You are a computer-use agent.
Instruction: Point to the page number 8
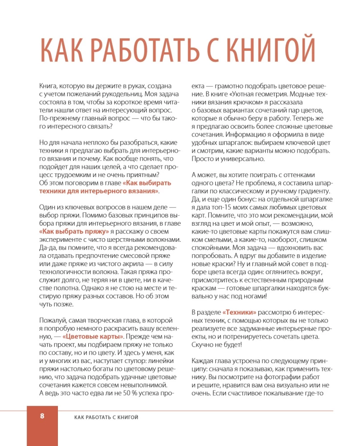coord(42,416)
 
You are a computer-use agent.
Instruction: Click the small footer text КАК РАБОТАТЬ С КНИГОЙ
coord(106,417)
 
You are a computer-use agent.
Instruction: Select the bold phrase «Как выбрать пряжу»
coord(74,232)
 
